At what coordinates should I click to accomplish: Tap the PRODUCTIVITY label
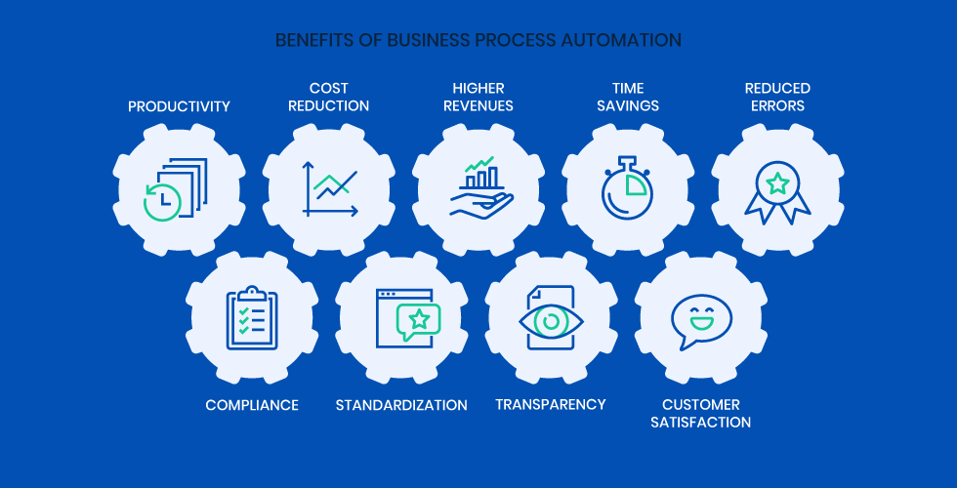click(x=180, y=106)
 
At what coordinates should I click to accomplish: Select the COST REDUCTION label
click(x=328, y=98)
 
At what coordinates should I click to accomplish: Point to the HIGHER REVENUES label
click(x=478, y=98)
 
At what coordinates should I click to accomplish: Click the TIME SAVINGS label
click(x=628, y=98)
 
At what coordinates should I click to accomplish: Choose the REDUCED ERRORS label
click(x=777, y=98)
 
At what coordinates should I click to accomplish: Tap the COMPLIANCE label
click(x=252, y=405)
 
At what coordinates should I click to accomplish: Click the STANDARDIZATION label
click(x=401, y=405)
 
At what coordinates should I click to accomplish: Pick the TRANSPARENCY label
click(x=551, y=404)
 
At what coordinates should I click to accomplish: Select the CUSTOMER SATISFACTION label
click(x=701, y=414)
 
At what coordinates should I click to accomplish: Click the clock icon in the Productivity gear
click(x=162, y=200)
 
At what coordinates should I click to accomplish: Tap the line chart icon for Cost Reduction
click(x=329, y=188)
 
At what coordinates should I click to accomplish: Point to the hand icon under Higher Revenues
click(x=479, y=203)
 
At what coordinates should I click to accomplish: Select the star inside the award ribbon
click(x=777, y=182)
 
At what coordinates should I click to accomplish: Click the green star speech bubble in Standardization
click(x=419, y=319)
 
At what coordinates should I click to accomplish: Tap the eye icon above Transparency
click(x=551, y=321)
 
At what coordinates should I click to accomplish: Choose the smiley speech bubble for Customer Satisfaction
click(x=700, y=320)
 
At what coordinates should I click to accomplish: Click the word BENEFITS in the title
click(x=312, y=40)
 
